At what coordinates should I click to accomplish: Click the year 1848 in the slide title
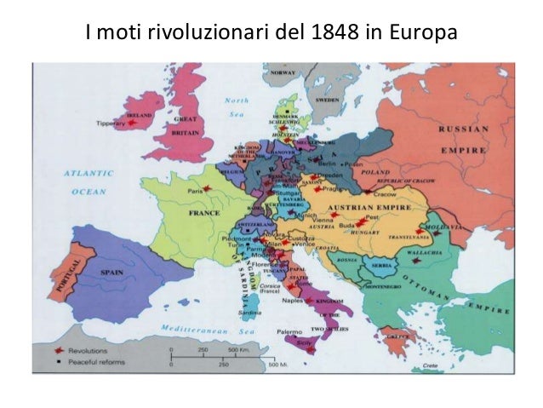tap(346, 34)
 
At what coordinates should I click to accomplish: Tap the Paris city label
tap(196, 192)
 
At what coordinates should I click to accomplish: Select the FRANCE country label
tap(204, 212)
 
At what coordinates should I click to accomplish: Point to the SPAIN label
tap(113, 273)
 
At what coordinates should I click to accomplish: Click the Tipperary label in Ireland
tap(110, 124)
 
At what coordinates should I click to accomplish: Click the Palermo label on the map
tap(287, 330)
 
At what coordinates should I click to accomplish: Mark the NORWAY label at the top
tap(283, 73)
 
